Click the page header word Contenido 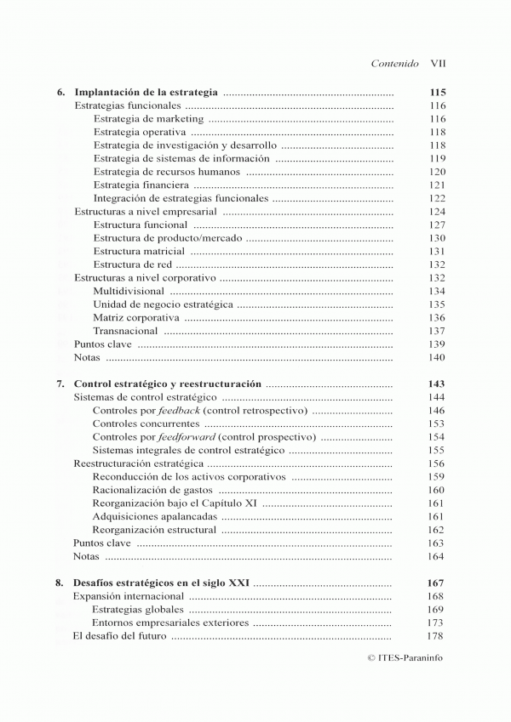[395, 63]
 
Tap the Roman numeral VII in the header [439, 63]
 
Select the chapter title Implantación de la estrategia [147, 91]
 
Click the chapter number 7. [60, 384]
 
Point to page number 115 [438, 91]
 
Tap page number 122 [438, 198]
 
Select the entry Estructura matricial [139, 252]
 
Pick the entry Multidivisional [129, 291]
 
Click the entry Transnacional [125, 331]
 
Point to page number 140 [438, 358]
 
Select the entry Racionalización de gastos [152, 490]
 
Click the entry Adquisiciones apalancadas [153, 516]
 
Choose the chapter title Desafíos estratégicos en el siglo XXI [162, 583]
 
